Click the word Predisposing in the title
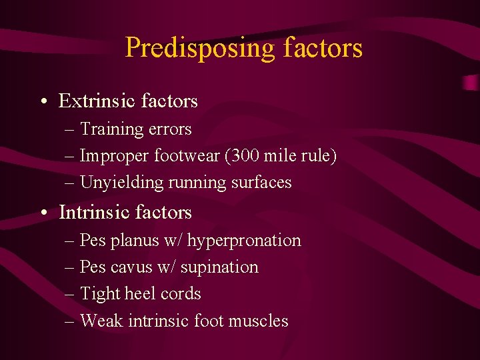point(199,49)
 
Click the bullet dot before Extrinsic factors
point(43,102)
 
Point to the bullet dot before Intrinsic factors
point(43,213)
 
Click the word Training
point(112,129)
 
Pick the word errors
point(170,129)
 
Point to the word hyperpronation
point(244,241)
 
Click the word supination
point(224,267)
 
